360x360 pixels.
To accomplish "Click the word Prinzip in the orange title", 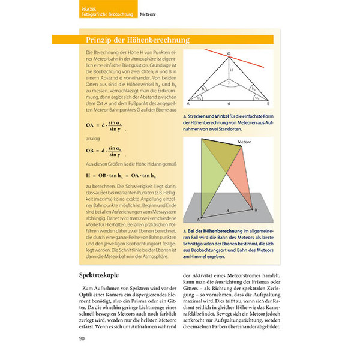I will pos(94,40).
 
